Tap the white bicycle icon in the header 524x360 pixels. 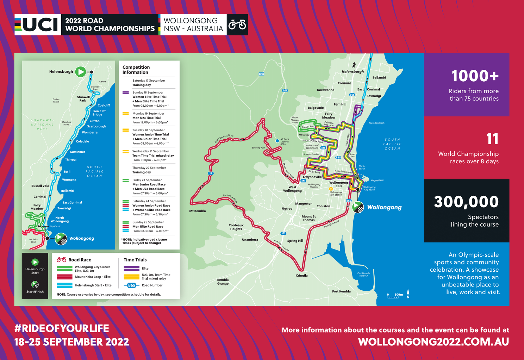pos(237,25)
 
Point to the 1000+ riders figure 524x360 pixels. pos(475,76)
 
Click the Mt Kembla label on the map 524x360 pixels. pos(197,211)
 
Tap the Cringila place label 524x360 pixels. pos(301,276)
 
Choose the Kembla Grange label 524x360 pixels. pos(223,282)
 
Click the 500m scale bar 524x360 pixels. pos(393,296)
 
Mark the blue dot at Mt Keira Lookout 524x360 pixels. pos(277,141)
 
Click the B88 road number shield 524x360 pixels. pos(261,74)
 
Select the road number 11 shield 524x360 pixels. pos(210,173)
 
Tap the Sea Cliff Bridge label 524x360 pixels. pos(99,113)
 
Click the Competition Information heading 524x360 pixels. pos(136,70)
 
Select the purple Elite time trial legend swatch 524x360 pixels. pos(131,269)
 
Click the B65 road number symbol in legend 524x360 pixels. pos(131,285)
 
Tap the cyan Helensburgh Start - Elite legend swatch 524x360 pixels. pos(64,285)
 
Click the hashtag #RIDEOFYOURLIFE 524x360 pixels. pos(62,328)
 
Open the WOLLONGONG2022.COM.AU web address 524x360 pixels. pos(433,342)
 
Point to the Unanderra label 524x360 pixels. pos(250,240)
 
